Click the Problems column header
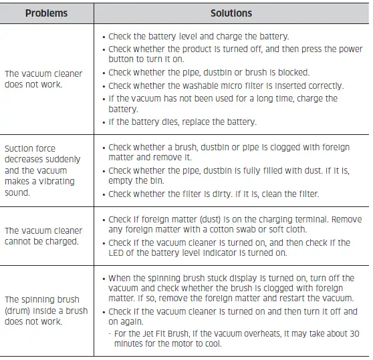pyautogui.click(x=47, y=13)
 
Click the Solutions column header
pyautogui.click(x=231, y=13)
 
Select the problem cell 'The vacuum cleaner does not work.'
pyautogui.click(x=43, y=79)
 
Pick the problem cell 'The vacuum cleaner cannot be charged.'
pyautogui.click(x=43, y=236)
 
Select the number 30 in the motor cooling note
pyautogui.click(x=354, y=333)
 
